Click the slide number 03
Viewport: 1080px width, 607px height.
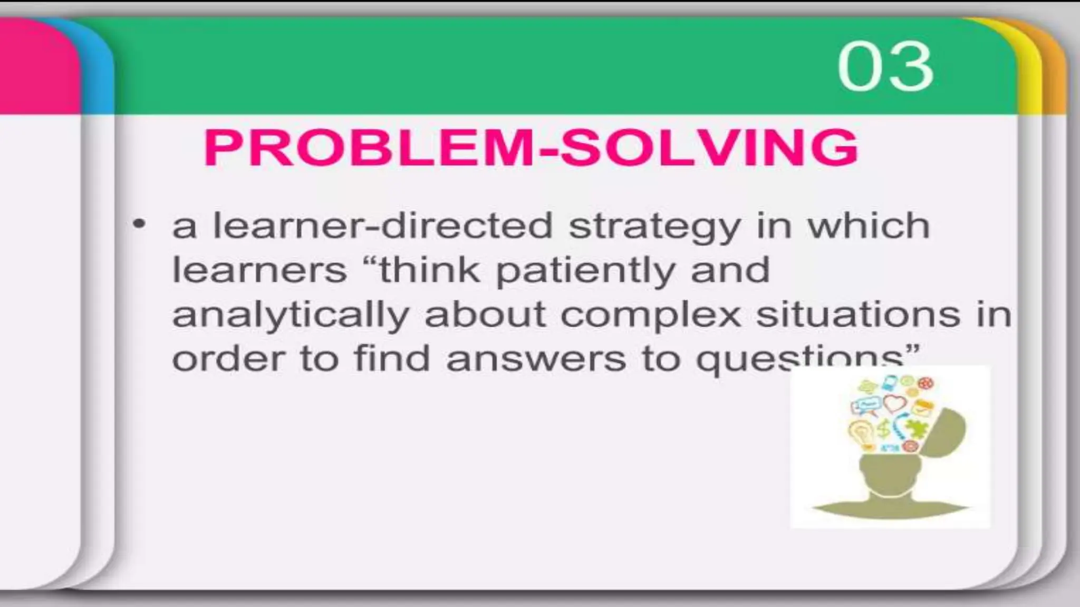pos(885,67)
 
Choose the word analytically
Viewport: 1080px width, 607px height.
pos(291,315)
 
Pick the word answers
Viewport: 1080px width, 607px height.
pos(536,359)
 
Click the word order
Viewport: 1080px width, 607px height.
pos(228,359)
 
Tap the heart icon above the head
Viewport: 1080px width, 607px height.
pos(895,404)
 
